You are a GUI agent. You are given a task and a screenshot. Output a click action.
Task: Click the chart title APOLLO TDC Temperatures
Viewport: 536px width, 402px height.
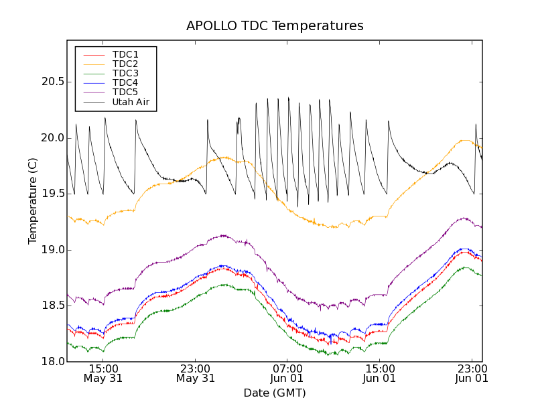pyautogui.click(x=275, y=26)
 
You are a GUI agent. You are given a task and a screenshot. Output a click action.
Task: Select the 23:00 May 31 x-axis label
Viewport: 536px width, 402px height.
pyautogui.click(x=196, y=373)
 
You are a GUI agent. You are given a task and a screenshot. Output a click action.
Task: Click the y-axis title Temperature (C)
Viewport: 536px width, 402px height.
pyautogui.click(x=33, y=201)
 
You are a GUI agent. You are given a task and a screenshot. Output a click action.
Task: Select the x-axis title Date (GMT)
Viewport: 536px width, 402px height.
pyautogui.click(x=275, y=393)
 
